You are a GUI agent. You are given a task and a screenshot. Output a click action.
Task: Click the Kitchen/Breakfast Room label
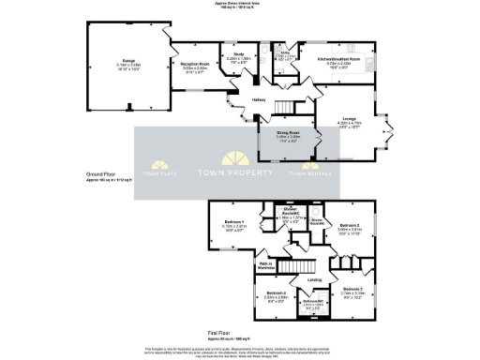click(x=346, y=59)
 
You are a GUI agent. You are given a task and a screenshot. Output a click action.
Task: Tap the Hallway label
click(x=259, y=99)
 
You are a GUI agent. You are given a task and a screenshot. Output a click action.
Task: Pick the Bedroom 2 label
click(x=350, y=225)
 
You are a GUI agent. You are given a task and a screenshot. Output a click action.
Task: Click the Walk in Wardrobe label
click(x=265, y=265)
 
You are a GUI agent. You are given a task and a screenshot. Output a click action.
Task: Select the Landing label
click(x=315, y=278)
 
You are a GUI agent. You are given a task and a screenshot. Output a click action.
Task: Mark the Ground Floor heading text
click(x=100, y=174)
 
